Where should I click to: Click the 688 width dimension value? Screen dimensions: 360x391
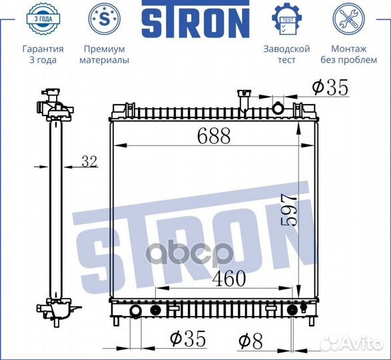point(213,136)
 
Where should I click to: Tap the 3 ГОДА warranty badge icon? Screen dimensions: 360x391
point(43,19)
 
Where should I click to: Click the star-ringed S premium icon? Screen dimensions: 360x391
point(105,19)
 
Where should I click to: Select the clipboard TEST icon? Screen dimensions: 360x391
point(286,19)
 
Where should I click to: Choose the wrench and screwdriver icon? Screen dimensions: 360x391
point(348,19)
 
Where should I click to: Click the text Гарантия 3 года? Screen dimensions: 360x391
point(43,55)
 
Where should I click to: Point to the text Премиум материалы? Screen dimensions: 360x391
point(105,55)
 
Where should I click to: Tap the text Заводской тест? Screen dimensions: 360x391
point(286,55)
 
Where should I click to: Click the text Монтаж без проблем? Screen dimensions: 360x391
point(348,55)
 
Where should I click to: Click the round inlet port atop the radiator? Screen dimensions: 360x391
point(278,107)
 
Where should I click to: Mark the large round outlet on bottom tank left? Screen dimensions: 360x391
point(135,311)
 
